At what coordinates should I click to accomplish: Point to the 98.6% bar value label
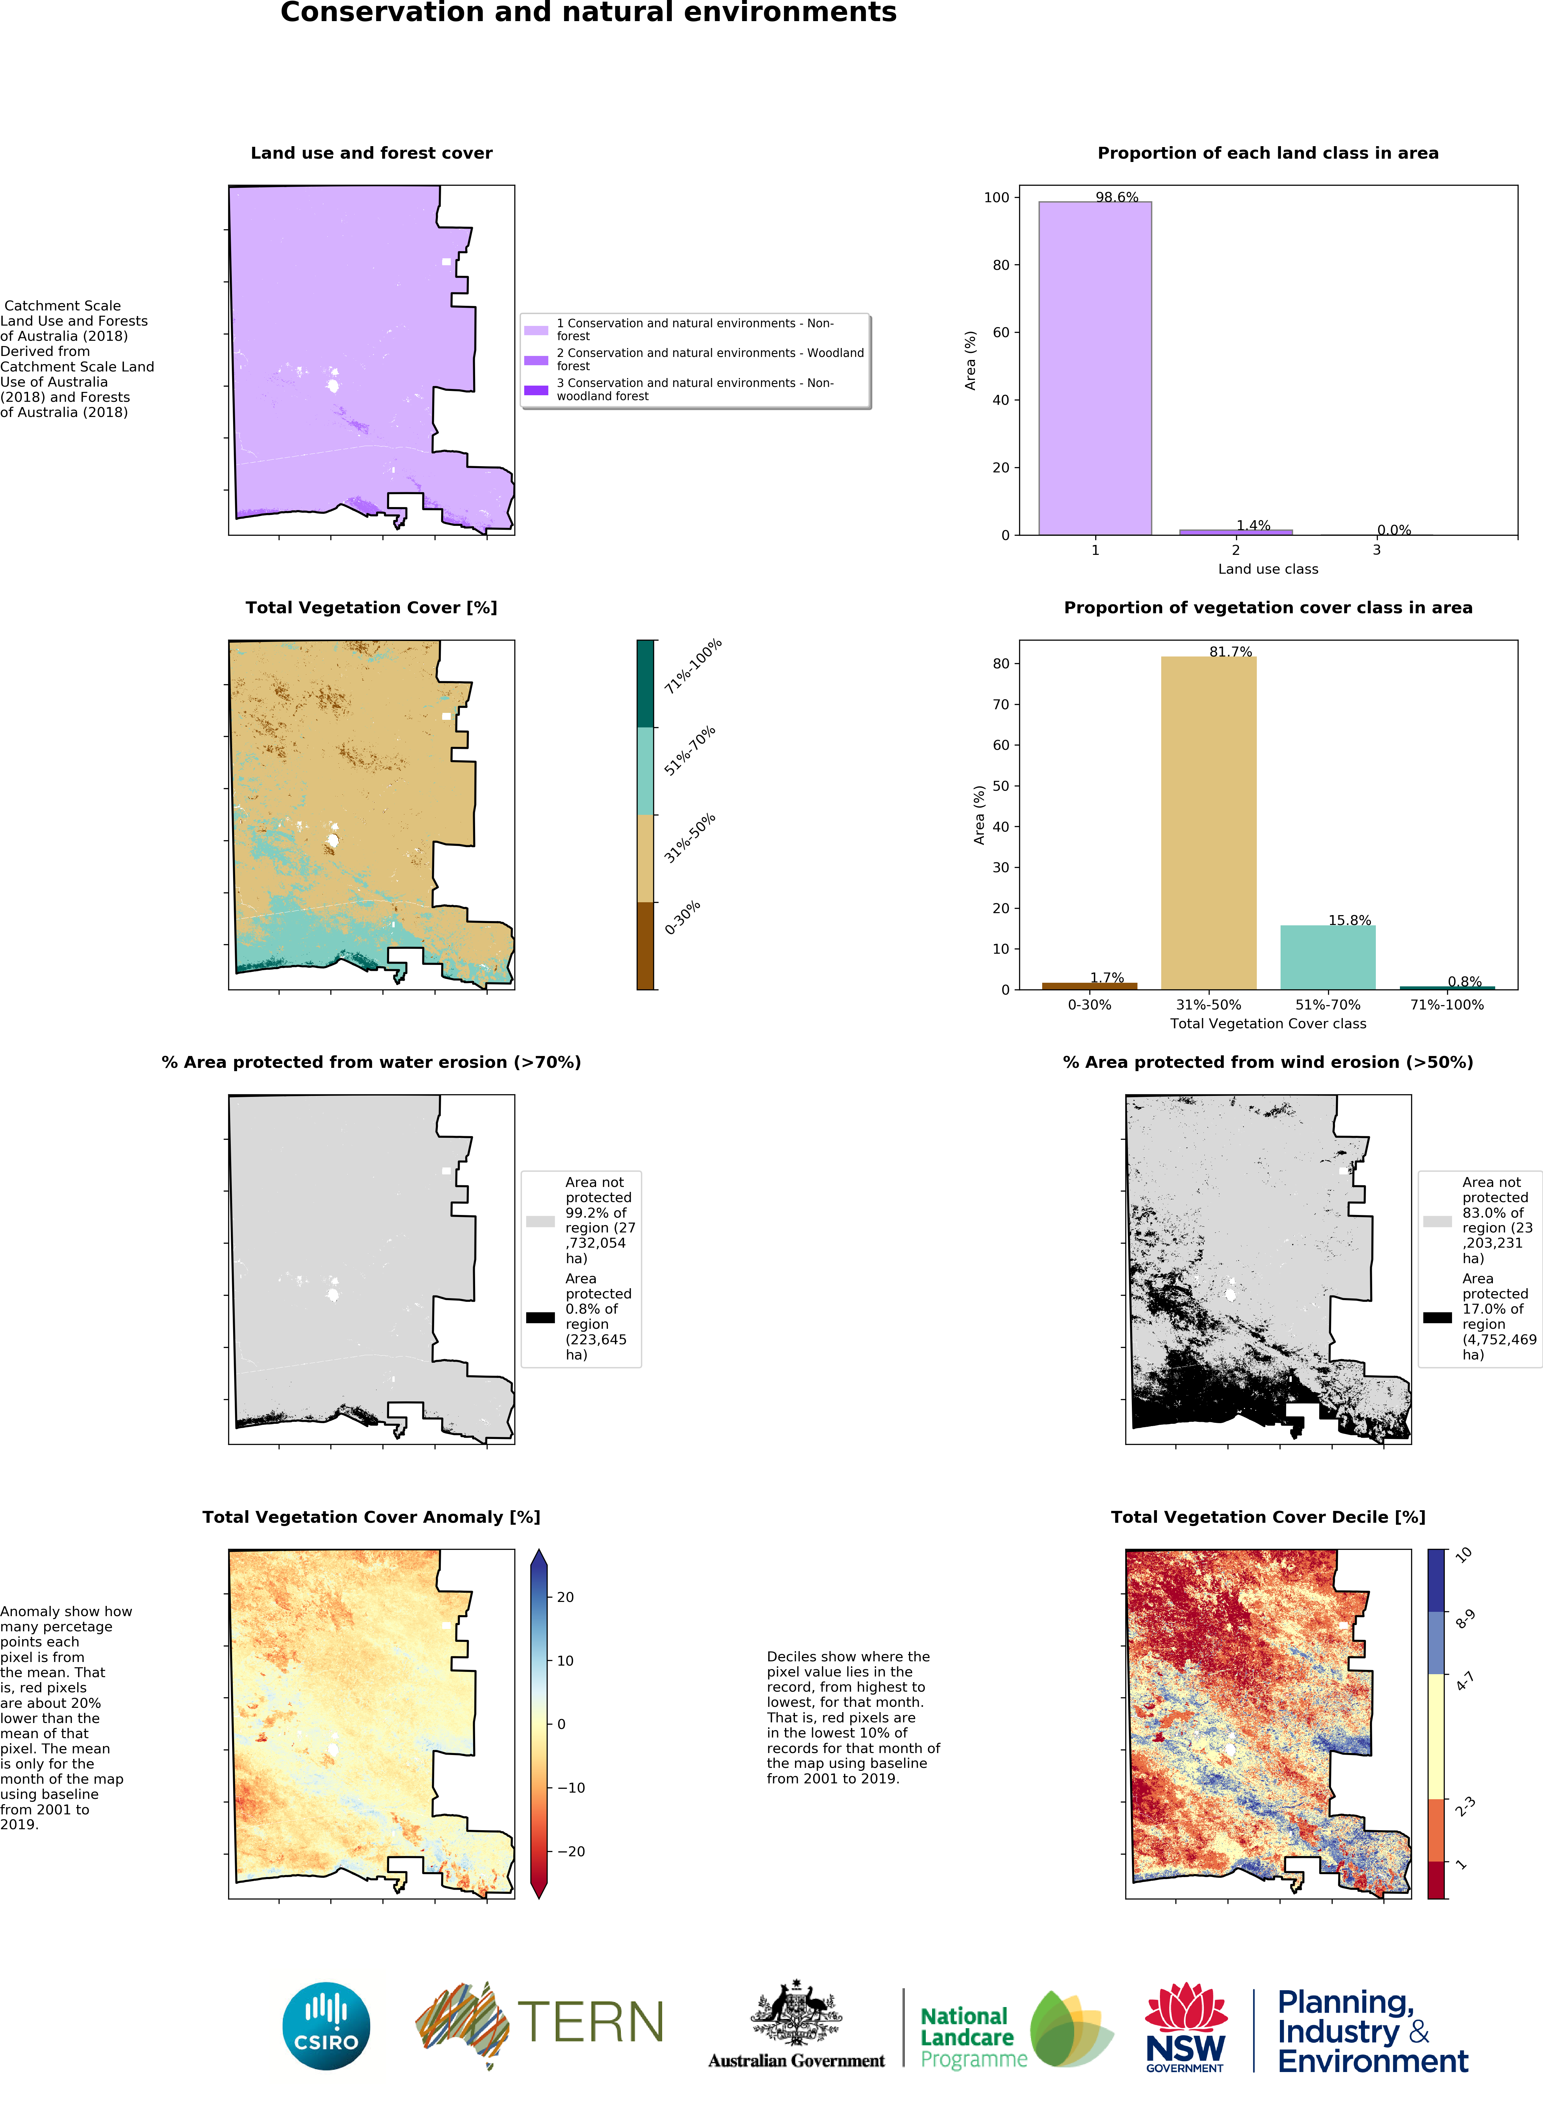(x=1117, y=197)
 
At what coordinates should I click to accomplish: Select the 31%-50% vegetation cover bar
(x=1209, y=822)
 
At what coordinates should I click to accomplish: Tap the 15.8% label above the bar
(x=1350, y=920)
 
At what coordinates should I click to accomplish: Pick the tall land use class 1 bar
(x=1095, y=368)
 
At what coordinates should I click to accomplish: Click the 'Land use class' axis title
(x=1267, y=569)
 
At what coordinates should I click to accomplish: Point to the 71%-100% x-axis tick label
(x=1447, y=1005)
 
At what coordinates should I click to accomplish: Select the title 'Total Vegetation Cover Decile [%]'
(x=1267, y=1516)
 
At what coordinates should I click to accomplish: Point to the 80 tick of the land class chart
(x=1000, y=265)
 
